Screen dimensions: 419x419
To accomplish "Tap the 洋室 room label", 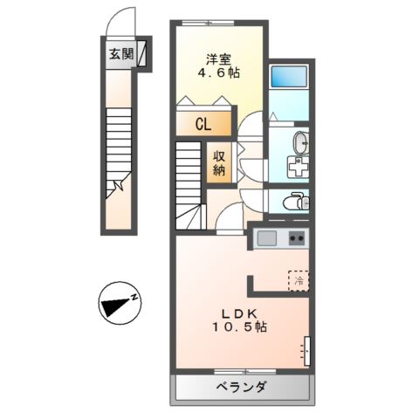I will point(219,59).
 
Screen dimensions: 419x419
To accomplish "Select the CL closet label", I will point(202,124).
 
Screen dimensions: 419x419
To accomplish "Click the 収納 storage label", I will point(219,162).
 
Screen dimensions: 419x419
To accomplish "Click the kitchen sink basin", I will point(266,237).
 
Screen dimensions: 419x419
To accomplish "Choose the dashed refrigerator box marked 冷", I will point(299,281).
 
